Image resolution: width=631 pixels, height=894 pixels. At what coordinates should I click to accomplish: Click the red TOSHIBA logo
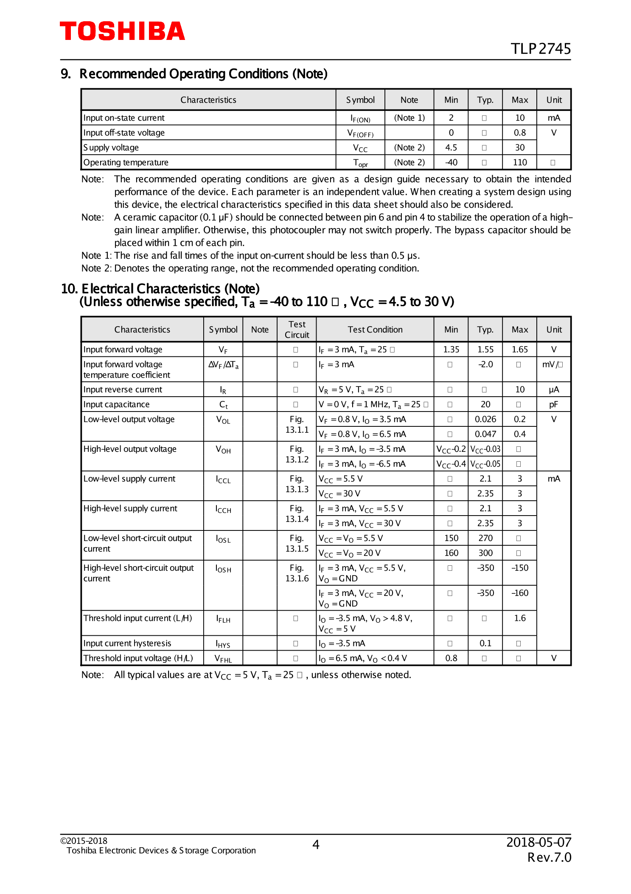122,31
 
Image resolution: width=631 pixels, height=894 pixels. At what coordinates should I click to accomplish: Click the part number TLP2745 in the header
540,49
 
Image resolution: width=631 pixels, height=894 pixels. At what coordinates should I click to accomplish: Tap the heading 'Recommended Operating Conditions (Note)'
203,74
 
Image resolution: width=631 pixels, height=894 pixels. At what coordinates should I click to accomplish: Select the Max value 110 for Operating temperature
519,162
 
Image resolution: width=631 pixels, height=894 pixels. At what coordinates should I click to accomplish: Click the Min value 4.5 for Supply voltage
451,147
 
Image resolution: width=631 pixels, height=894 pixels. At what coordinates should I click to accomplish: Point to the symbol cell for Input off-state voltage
360,133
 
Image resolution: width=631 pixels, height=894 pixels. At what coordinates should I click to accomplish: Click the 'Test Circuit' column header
297,330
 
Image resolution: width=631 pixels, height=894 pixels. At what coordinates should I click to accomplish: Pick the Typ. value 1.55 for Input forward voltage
485,350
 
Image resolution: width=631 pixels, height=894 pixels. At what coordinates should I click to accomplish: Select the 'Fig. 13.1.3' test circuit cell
297,484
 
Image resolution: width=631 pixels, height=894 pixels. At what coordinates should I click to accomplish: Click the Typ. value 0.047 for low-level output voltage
485,434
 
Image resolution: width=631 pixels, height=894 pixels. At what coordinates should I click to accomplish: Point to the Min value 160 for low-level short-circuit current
451,553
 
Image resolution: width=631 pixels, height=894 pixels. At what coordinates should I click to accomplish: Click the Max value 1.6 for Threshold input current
519,618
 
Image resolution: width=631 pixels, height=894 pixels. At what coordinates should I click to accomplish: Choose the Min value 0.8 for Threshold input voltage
451,658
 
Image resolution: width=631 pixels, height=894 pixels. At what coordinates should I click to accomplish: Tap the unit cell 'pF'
553,404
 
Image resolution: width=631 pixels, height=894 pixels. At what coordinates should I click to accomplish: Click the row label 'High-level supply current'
130,508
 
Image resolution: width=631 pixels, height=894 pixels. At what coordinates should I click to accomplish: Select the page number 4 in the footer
316,845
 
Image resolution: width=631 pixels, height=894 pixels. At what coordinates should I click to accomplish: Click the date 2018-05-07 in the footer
538,842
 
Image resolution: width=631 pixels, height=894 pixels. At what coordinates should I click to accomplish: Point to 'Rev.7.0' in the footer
549,857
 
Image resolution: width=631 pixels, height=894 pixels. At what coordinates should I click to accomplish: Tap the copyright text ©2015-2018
84,841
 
